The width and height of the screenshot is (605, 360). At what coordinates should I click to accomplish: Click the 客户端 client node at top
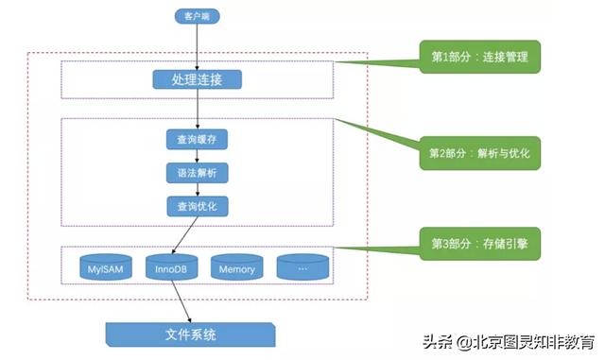pos(197,15)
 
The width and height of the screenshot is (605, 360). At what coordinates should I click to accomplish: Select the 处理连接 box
pos(197,77)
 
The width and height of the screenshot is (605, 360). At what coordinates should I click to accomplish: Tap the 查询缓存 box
pos(197,141)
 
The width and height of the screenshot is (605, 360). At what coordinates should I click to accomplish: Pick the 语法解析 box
pos(197,174)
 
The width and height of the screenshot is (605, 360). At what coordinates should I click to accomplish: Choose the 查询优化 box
pos(197,206)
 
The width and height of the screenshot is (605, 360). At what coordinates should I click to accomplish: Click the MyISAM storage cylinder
pos(105,268)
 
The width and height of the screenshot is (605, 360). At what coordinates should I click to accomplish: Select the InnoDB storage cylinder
pos(171,268)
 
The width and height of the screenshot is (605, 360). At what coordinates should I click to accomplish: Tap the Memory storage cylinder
pos(236,268)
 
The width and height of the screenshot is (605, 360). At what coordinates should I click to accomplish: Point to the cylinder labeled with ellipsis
pos(302,268)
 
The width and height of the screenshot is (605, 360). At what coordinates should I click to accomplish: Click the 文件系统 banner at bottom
pos(190,334)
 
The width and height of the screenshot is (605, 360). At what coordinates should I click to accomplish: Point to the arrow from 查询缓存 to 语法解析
pos(197,157)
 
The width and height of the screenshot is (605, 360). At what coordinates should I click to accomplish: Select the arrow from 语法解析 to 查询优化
pos(197,190)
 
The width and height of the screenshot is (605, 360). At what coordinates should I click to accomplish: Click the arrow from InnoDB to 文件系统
pos(181,300)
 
